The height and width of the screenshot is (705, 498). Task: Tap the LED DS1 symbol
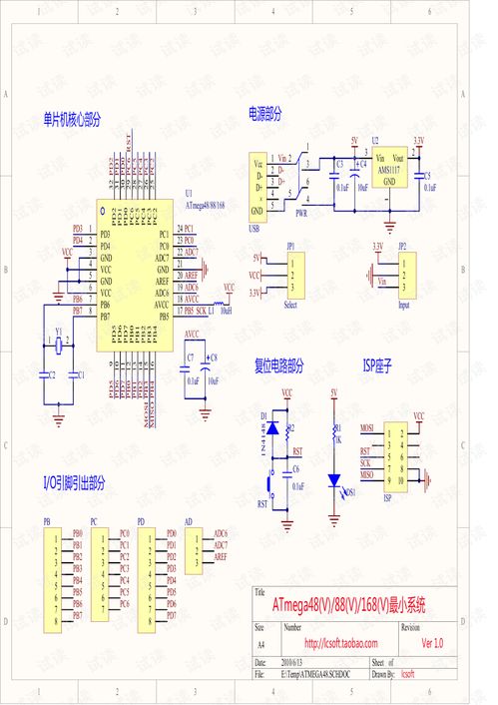coord(334,479)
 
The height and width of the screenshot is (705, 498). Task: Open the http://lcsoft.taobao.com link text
coord(341,643)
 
